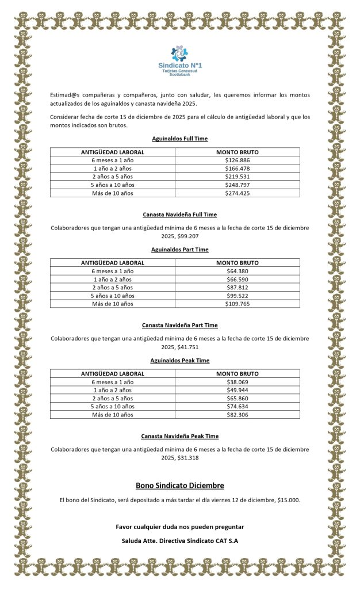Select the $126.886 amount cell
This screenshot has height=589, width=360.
[237, 160]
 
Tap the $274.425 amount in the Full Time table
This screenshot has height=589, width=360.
[237, 193]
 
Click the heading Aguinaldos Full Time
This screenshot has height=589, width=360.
[179, 139]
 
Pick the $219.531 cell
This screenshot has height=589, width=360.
[237, 177]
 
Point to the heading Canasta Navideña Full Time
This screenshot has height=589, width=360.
[179, 215]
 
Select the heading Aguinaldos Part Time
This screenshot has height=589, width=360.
[179, 250]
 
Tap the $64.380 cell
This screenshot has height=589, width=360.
[237, 271]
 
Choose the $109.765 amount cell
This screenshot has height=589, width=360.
[237, 304]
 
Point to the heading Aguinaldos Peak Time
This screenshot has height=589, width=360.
[179, 361]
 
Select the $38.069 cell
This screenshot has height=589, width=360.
[237, 382]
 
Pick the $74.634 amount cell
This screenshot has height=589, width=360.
[237, 406]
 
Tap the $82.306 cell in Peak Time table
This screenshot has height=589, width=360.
[237, 415]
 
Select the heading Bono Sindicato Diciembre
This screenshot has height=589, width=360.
[179, 485]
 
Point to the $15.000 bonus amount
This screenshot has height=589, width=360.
[288, 500]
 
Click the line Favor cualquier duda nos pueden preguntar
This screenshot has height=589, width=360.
[179, 527]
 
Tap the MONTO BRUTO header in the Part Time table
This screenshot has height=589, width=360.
[237, 263]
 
